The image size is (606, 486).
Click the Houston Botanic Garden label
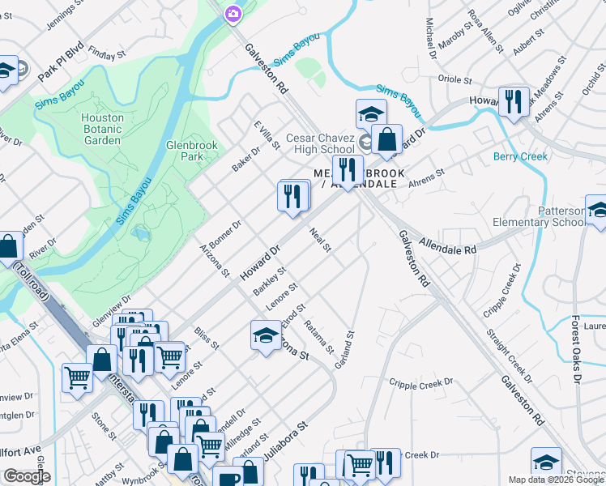tap(103, 128)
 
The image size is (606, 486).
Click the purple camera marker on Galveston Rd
tap(233, 13)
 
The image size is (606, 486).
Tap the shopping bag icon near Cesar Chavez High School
tap(387, 139)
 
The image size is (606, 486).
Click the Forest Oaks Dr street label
tap(576, 348)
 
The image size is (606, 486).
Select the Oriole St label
tap(454, 80)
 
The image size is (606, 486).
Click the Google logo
tap(27, 476)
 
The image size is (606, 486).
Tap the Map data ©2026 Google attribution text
tap(557, 480)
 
